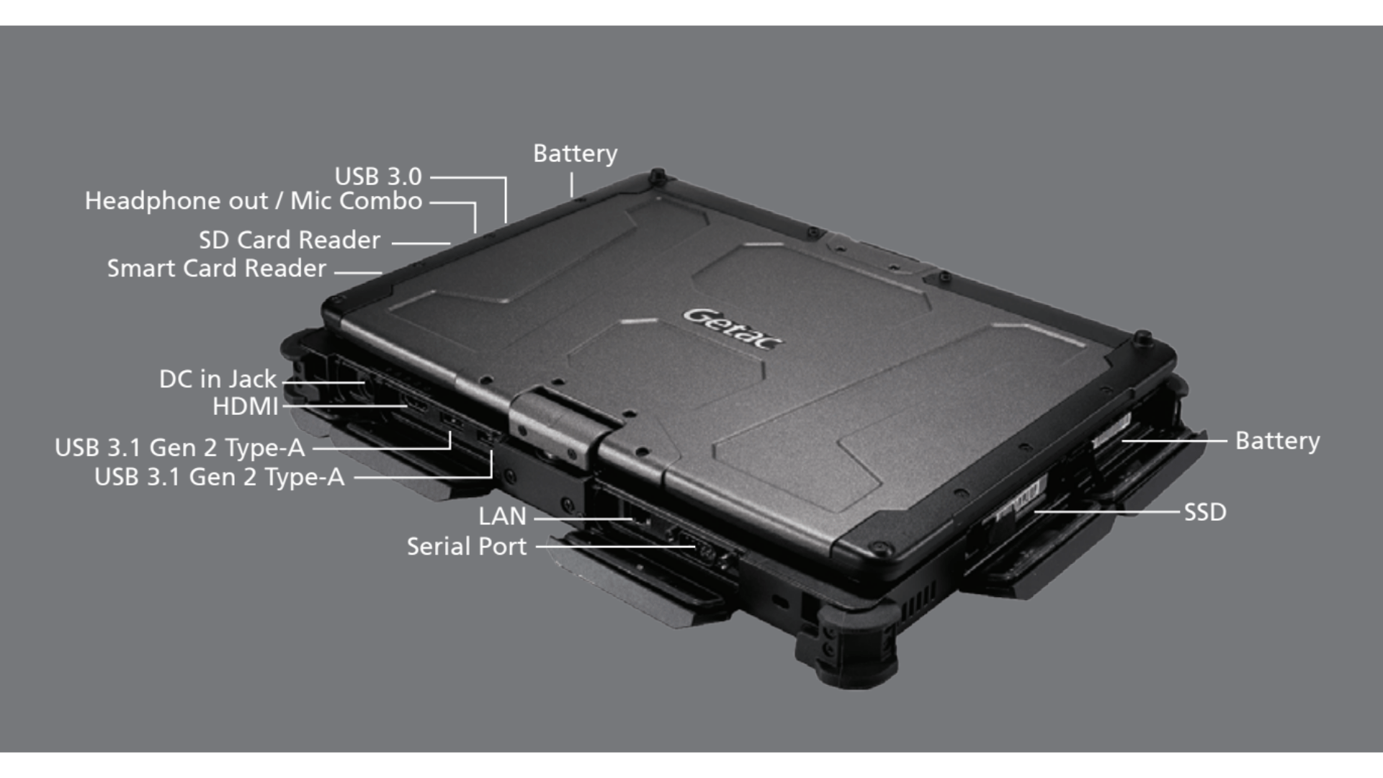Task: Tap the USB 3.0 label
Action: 378,176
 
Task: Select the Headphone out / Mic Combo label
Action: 254,201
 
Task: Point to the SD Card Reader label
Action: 290,240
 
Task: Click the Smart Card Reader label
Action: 217,269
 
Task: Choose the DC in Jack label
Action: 218,379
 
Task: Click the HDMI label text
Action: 245,407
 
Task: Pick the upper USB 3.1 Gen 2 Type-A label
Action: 180,448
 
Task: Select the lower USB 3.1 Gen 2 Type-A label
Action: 220,477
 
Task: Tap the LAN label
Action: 502,517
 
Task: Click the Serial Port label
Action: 467,547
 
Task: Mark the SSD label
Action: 1205,512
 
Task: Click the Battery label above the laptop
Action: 575,153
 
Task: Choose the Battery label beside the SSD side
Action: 1277,441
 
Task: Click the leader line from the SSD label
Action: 1109,512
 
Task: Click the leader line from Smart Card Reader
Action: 358,272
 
